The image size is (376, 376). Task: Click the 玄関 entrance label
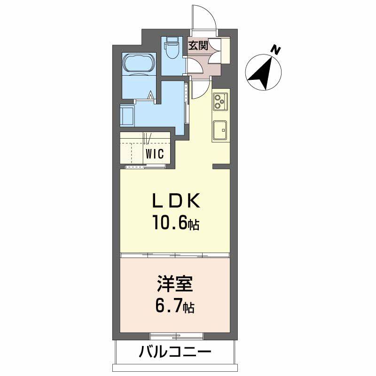[198, 45]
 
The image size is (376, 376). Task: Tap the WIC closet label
[155, 154]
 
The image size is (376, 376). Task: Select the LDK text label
[176, 201]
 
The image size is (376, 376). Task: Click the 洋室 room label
[175, 284]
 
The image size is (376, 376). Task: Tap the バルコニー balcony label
[175, 352]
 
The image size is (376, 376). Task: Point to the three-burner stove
[220, 101]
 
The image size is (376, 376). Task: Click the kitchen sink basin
[220, 130]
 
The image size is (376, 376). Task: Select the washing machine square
[127, 116]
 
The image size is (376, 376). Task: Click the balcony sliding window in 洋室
[177, 336]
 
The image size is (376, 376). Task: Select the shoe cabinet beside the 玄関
[225, 50]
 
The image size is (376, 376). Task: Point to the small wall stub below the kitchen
[221, 166]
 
